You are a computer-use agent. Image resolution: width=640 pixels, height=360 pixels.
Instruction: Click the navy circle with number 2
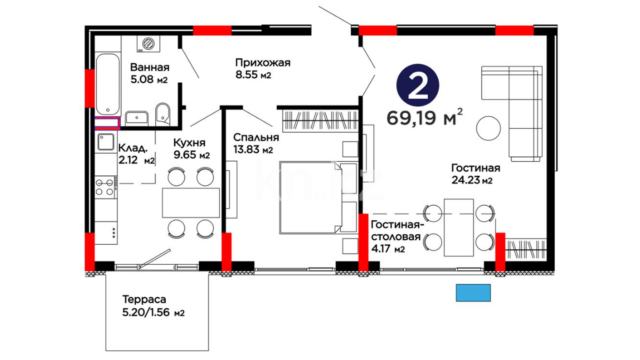(x=418, y=85)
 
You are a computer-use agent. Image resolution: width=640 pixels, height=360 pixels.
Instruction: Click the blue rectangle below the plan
(x=473, y=293)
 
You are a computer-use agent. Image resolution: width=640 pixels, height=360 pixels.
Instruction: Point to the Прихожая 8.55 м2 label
(x=263, y=68)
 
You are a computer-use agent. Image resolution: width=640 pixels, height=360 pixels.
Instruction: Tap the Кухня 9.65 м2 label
(x=191, y=149)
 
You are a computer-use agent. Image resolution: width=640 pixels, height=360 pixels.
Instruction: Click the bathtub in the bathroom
(x=108, y=84)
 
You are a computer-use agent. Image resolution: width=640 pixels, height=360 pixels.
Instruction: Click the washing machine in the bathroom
(x=148, y=44)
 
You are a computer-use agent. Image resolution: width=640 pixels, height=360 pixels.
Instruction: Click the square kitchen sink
(x=106, y=142)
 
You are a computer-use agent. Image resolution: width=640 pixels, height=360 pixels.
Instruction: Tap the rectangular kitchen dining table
(x=191, y=203)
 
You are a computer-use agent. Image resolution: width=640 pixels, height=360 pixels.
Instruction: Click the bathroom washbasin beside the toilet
(x=137, y=118)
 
